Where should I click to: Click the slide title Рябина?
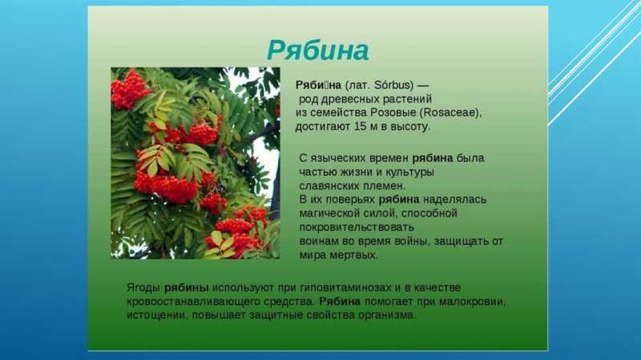coord(318,51)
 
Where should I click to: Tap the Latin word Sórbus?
coord(393,85)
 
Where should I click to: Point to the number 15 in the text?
coord(360,127)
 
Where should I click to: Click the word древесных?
coord(350,99)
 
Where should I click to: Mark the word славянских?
coord(329,186)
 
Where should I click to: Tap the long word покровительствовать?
coord(357,227)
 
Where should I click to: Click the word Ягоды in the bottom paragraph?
coord(143,288)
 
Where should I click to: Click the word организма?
coord(387,315)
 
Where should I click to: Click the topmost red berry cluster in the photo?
coord(128,90)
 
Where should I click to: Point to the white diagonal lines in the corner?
coord(595,62)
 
